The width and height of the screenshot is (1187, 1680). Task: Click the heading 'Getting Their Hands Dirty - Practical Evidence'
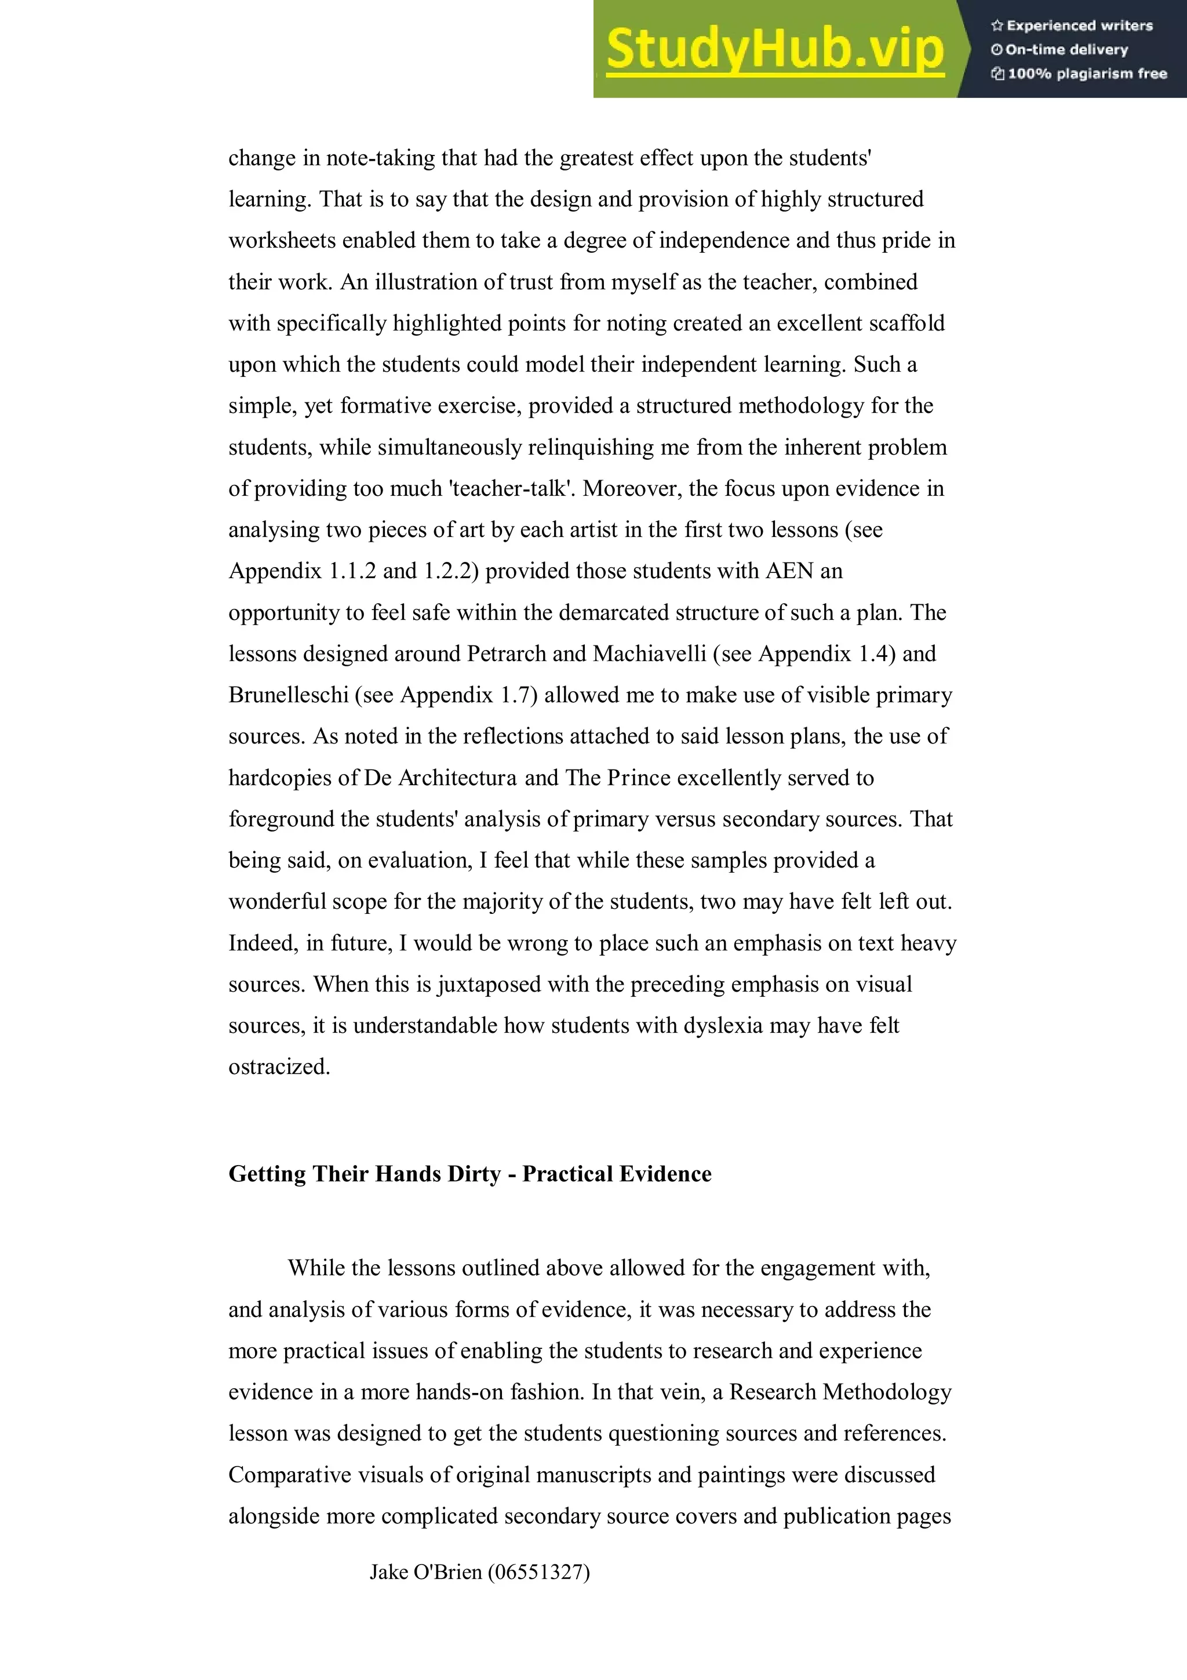(x=469, y=1174)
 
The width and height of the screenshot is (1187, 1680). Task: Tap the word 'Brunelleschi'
(x=288, y=694)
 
